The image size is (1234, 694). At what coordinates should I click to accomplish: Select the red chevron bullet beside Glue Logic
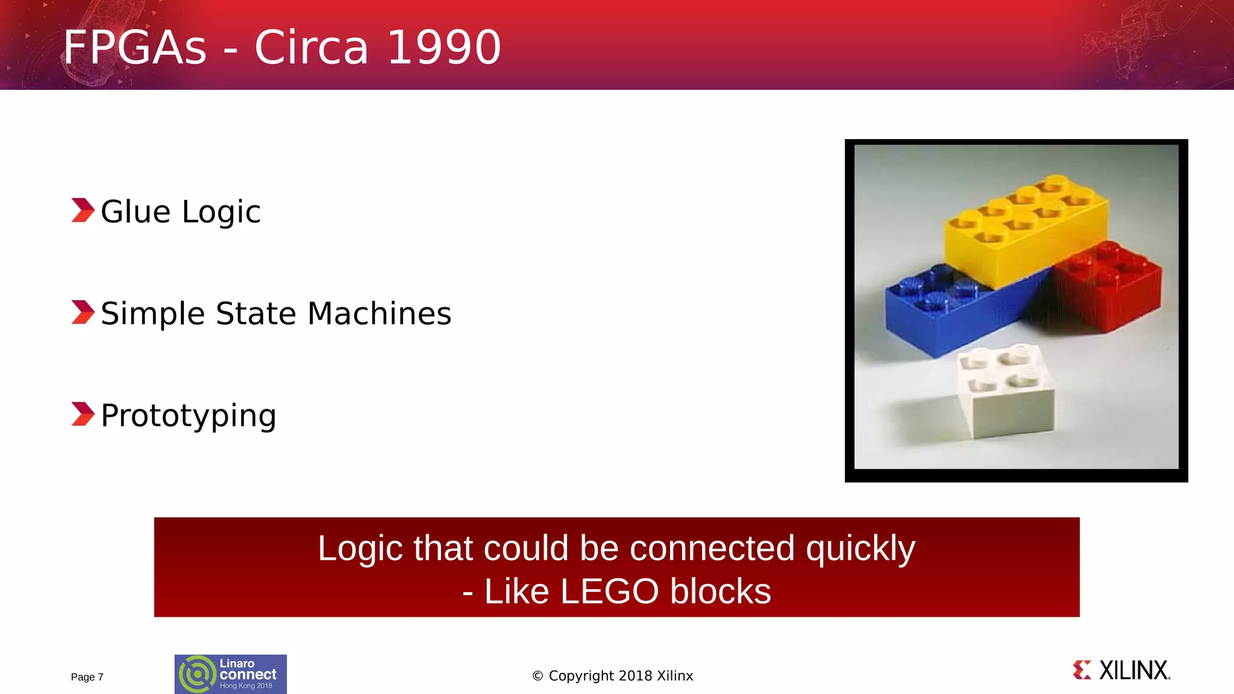[x=83, y=210]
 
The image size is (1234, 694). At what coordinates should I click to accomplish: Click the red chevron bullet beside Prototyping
[x=83, y=414]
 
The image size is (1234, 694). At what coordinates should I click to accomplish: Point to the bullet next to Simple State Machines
[x=83, y=312]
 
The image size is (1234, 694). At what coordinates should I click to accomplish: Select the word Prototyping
[x=189, y=416]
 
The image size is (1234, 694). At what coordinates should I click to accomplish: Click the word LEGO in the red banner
[x=609, y=591]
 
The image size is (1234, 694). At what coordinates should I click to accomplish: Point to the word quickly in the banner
[x=860, y=548]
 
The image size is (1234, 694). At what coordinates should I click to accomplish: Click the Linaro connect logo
[x=230, y=674]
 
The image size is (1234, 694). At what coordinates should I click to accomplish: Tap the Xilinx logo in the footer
[x=1121, y=670]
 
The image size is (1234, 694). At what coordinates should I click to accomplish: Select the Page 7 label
[x=87, y=677]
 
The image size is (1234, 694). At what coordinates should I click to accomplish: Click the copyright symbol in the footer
[x=538, y=676]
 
